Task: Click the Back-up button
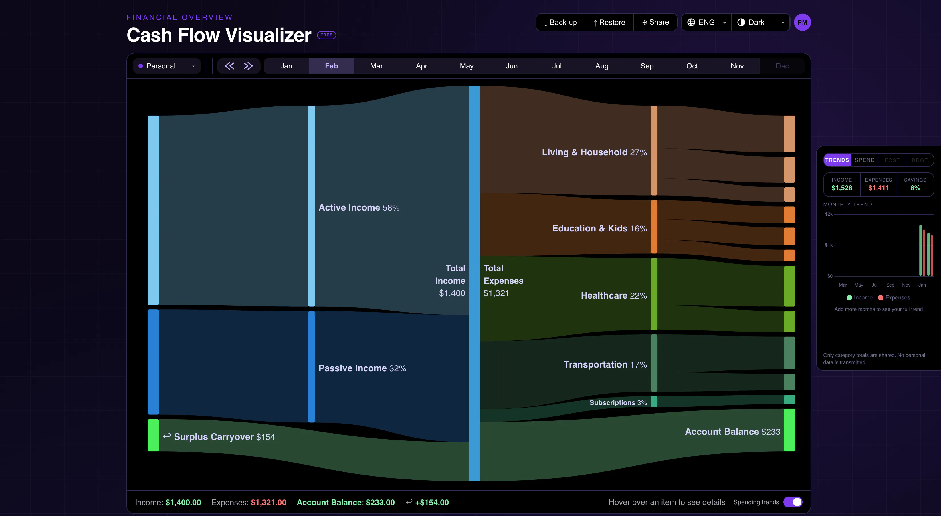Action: pyautogui.click(x=560, y=22)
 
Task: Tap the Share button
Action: pyautogui.click(x=655, y=22)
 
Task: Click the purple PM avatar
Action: pyautogui.click(x=802, y=22)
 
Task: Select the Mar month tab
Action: pyautogui.click(x=376, y=66)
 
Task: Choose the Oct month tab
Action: pyautogui.click(x=692, y=66)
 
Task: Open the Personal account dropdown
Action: pyautogui.click(x=167, y=66)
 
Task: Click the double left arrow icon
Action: pyautogui.click(x=229, y=66)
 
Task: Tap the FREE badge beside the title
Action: pyautogui.click(x=326, y=35)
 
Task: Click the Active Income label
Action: pyautogui.click(x=349, y=207)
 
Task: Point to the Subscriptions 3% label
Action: pyautogui.click(x=618, y=402)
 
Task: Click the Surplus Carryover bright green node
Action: pyautogui.click(x=153, y=435)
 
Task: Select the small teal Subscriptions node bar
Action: pyautogui.click(x=654, y=402)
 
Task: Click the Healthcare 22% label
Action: pyautogui.click(x=614, y=295)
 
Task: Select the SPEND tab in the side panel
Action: pyautogui.click(x=864, y=160)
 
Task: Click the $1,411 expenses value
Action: pyautogui.click(x=878, y=188)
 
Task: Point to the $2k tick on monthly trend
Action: pyautogui.click(x=829, y=214)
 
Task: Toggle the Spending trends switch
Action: pyautogui.click(x=793, y=502)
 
